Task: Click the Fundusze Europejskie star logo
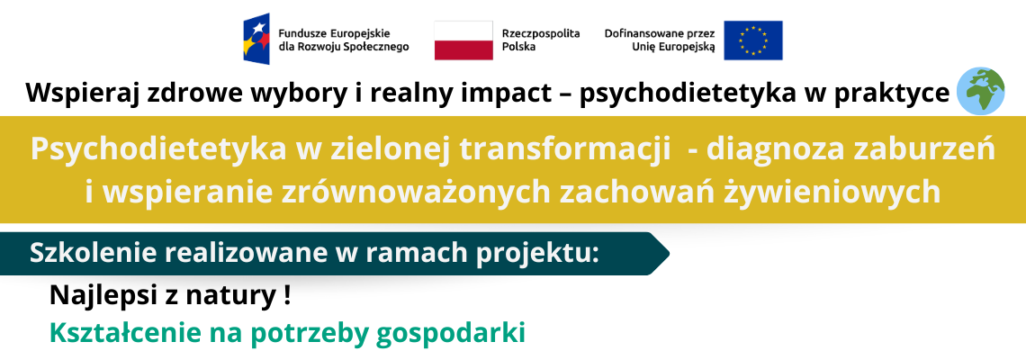click(256, 39)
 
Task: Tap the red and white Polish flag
click(463, 40)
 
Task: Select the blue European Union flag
click(753, 40)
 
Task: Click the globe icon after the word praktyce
click(980, 92)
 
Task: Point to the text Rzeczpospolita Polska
click(541, 40)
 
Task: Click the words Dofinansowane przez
click(660, 33)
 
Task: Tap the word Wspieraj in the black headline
click(76, 94)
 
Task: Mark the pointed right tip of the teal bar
click(669, 254)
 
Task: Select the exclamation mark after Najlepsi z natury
click(287, 296)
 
